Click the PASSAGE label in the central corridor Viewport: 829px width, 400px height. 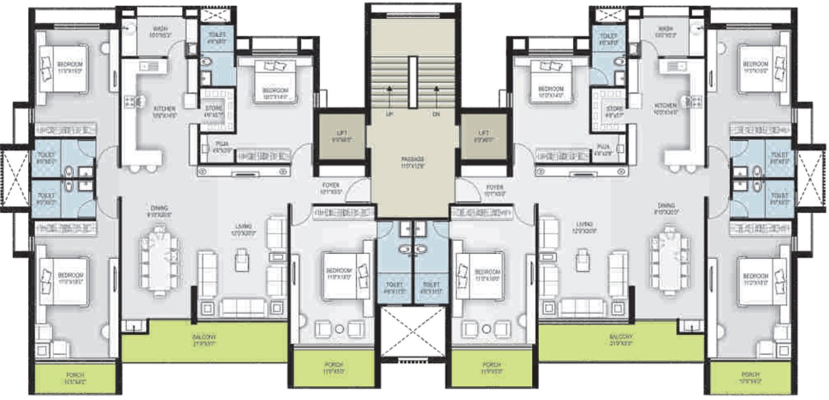[x=411, y=159]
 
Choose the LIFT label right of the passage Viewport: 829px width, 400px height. [x=484, y=133]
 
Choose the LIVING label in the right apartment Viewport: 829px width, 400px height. [x=583, y=224]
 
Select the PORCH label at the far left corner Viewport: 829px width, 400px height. [x=74, y=376]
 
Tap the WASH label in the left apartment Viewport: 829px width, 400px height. [x=159, y=29]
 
